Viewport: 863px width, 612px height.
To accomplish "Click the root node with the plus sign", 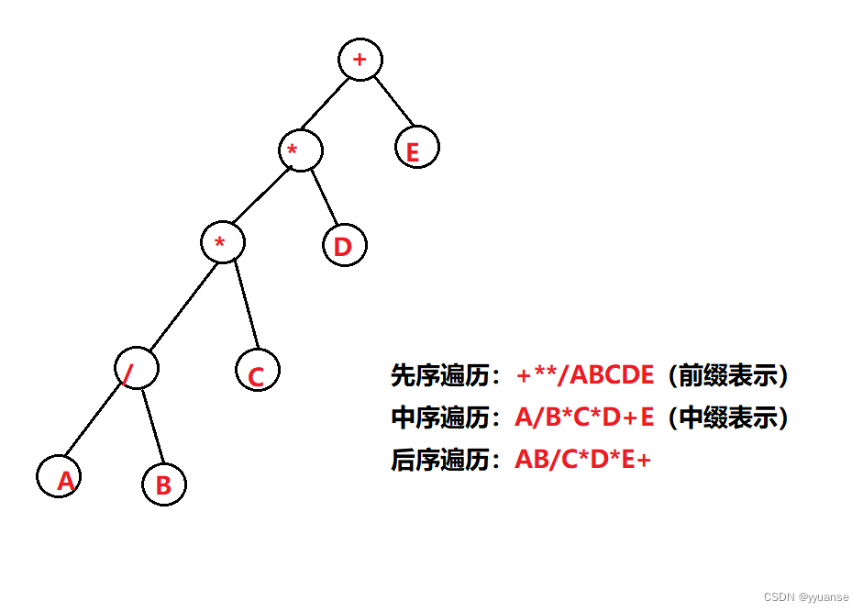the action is pos(360,61).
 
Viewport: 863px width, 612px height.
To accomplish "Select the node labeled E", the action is pos(417,148).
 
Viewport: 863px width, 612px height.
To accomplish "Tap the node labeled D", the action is pos(345,245).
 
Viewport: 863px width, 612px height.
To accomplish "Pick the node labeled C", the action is pos(257,371).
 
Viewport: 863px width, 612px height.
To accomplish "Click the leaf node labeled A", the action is pos(59,476).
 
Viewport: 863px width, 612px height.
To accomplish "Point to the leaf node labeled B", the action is pos(164,483).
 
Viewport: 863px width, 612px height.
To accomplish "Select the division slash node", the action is pos(137,368).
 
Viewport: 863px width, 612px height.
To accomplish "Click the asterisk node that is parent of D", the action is pos(301,150).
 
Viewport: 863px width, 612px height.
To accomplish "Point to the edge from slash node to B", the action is pos(152,425).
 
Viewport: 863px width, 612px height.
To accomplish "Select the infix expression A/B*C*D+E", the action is pos(584,417).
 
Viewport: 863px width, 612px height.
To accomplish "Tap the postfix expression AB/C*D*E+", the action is pos(582,460).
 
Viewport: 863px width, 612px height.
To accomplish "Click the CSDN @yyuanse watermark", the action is pos(806,596).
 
